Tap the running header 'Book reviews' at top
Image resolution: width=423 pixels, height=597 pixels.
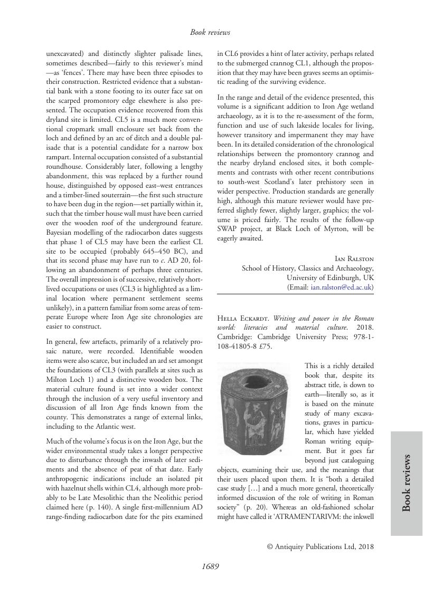coord(210,33)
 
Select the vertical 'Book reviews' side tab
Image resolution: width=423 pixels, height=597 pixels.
coord(407,483)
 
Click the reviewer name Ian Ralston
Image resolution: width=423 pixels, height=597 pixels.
coord(354,258)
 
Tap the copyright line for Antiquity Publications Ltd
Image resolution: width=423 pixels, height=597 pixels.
coord(321,546)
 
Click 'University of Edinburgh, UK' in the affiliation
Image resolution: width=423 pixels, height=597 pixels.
coord(330,277)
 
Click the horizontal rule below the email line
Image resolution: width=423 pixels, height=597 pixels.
coord(295,295)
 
